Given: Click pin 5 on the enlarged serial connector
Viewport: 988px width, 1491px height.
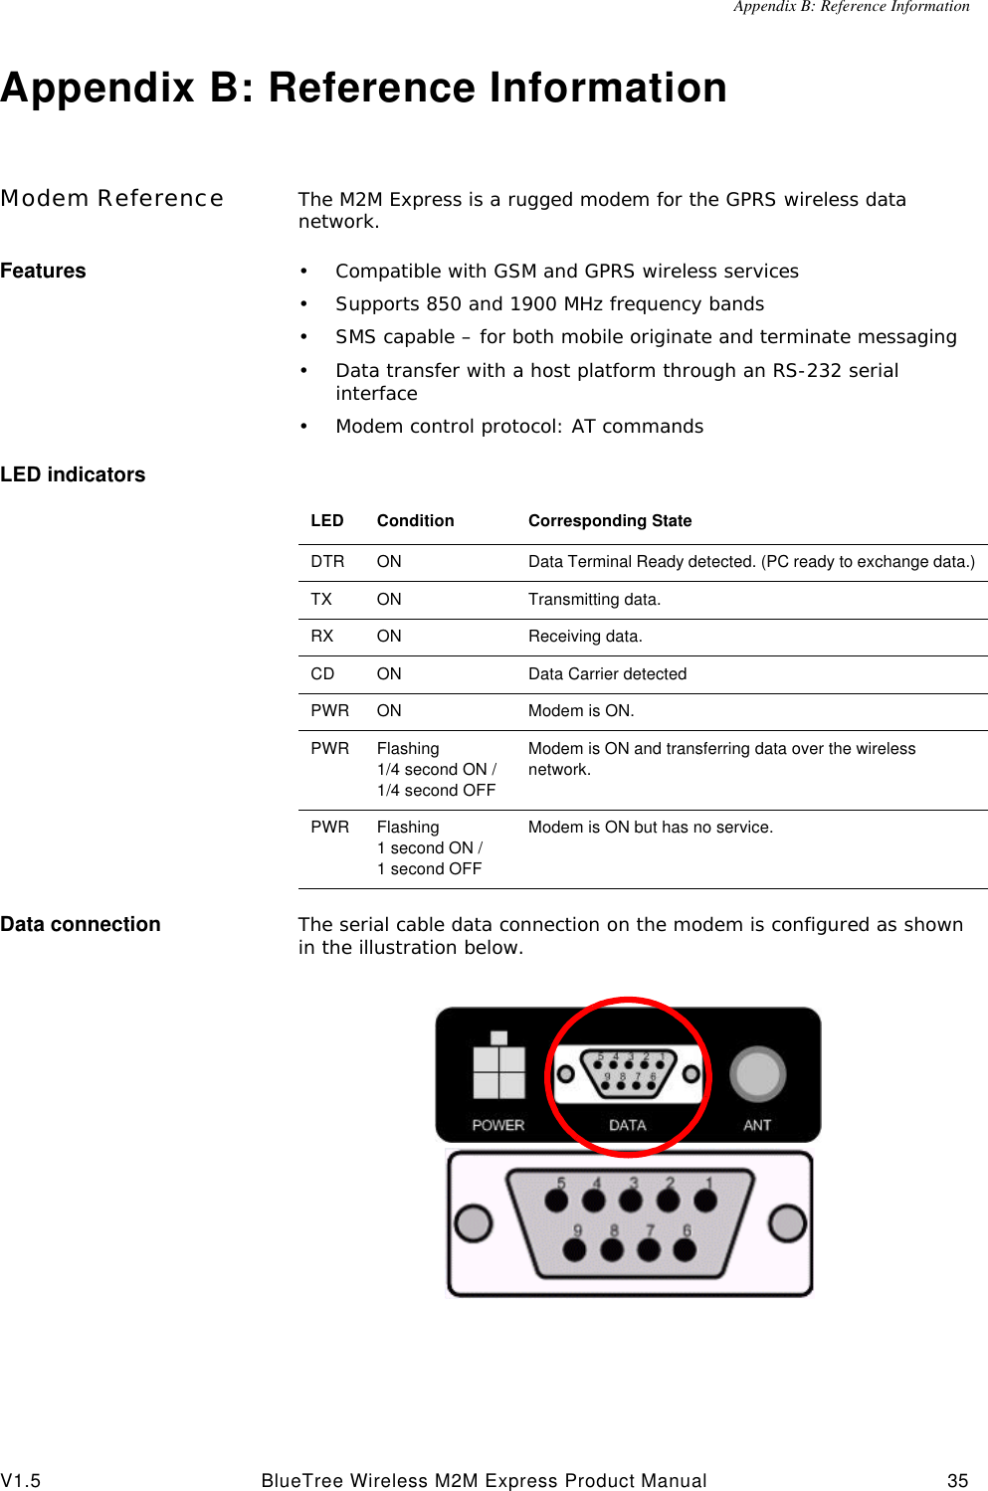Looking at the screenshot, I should (x=557, y=1201).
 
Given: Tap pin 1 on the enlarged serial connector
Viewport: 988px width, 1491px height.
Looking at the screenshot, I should (x=705, y=1201).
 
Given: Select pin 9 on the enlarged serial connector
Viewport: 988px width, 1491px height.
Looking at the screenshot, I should (x=575, y=1248).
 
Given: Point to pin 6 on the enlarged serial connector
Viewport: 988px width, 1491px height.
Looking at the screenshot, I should (x=685, y=1248).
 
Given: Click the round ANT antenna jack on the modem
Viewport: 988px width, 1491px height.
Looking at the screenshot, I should (x=758, y=1075).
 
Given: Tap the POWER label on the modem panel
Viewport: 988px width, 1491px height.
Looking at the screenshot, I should (x=497, y=1125).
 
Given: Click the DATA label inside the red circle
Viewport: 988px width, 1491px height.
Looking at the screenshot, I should (x=627, y=1125).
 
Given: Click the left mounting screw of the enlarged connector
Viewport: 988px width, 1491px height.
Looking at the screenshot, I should (x=474, y=1222).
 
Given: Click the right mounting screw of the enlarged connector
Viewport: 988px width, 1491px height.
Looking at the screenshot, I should (x=787, y=1222).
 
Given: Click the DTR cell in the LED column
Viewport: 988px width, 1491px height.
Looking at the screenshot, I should (x=327, y=562).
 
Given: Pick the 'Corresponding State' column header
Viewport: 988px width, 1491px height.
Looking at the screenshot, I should (x=610, y=521).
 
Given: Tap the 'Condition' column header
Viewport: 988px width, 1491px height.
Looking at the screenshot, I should (x=415, y=521).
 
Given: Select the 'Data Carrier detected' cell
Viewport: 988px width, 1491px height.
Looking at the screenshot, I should (x=607, y=674).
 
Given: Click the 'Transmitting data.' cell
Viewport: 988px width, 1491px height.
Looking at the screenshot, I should (x=594, y=600).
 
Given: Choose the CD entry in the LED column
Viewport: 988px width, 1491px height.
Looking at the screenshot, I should (x=322, y=674).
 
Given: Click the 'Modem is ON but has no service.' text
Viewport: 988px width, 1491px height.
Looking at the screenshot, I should (x=650, y=828).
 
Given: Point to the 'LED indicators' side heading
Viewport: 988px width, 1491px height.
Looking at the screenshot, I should (x=73, y=475).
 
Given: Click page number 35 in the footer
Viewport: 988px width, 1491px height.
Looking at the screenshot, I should (x=957, y=1481).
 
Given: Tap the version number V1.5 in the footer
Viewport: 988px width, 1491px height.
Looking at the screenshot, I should (x=21, y=1481).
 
